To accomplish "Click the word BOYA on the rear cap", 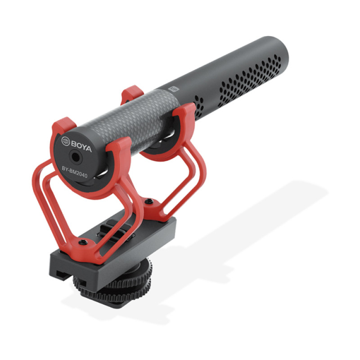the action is tap(81, 147).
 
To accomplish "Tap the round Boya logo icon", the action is tap(65, 141).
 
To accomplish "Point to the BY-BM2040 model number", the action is tap(75, 172).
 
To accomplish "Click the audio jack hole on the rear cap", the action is tap(75, 157).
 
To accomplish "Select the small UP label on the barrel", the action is tap(174, 89).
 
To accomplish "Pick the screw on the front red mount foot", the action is tap(149, 201).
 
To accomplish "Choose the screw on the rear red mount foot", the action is tap(83, 242).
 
